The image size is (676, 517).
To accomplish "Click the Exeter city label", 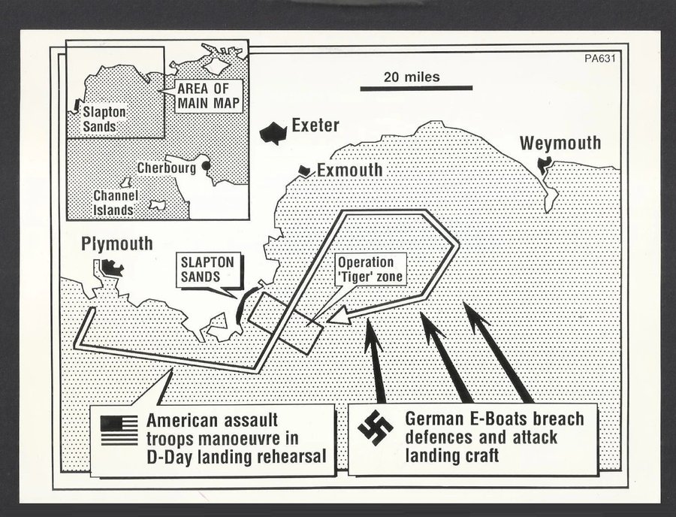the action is (x=315, y=125).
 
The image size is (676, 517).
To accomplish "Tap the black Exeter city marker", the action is (x=273, y=133).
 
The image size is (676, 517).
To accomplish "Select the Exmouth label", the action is (x=349, y=170).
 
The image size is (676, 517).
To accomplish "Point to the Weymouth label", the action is (x=560, y=144).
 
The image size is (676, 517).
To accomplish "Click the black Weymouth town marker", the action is (x=544, y=165).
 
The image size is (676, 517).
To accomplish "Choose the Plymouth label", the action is (x=117, y=244).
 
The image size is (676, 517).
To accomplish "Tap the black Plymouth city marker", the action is (x=112, y=268).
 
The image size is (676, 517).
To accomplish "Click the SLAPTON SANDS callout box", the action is (x=207, y=270).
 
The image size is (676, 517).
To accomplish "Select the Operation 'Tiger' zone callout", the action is (x=370, y=270).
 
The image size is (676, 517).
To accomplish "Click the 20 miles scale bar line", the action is (x=416, y=88).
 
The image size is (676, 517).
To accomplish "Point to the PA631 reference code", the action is (x=599, y=58).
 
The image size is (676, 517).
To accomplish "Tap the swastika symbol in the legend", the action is (x=376, y=427).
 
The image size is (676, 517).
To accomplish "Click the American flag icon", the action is (x=119, y=430).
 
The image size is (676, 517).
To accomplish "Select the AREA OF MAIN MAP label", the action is (x=208, y=95).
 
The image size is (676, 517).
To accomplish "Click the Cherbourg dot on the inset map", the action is (x=206, y=166).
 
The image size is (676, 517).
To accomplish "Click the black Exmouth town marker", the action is (x=306, y=171).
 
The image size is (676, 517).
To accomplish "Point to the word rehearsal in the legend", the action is (x=291, y=457).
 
